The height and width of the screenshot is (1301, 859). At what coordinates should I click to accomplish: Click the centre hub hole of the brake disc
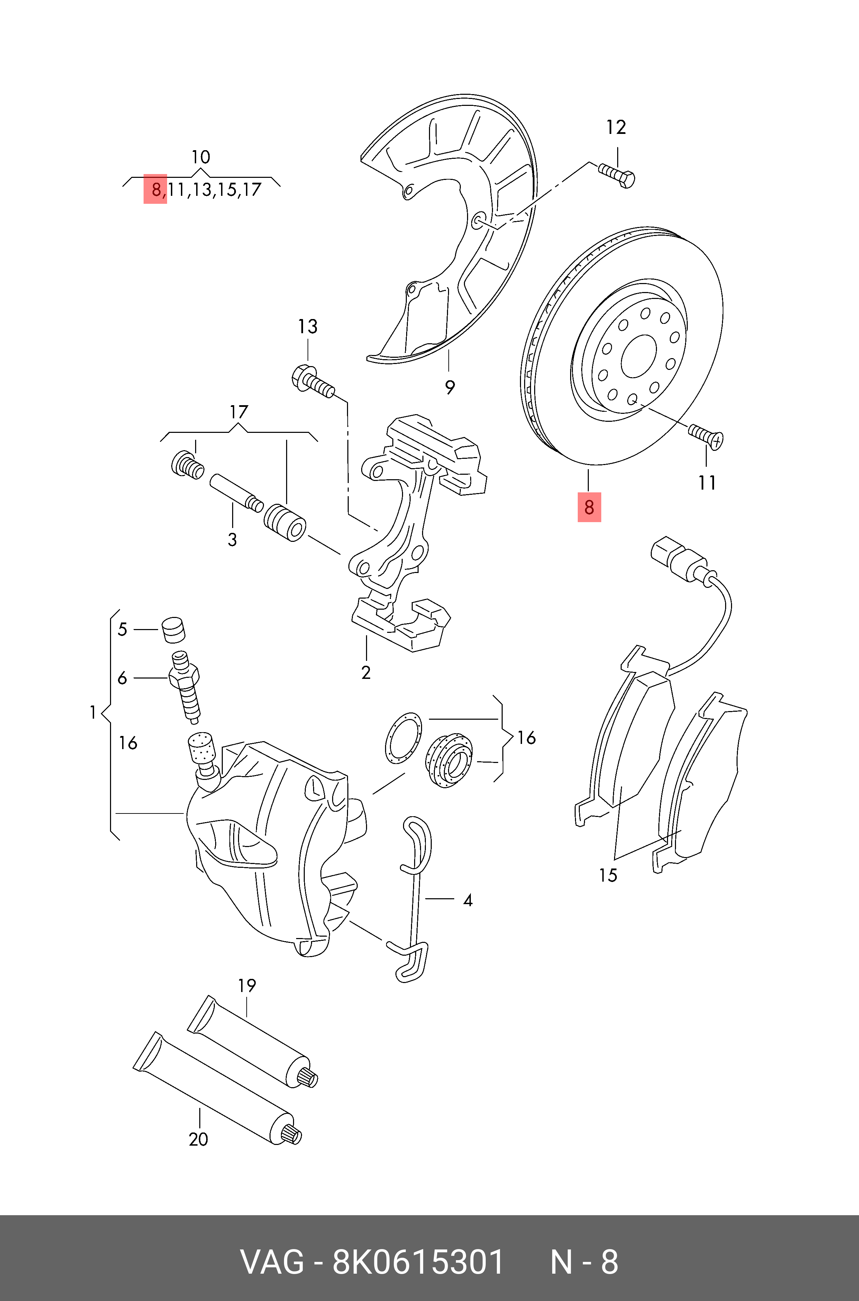[x=639, y=356]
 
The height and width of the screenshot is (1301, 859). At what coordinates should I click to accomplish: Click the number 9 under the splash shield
[x=450, y=387]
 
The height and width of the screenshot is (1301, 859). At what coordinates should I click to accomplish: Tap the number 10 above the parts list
[x=201, y=157]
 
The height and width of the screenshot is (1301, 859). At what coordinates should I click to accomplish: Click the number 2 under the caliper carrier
[x=366, y=673]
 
